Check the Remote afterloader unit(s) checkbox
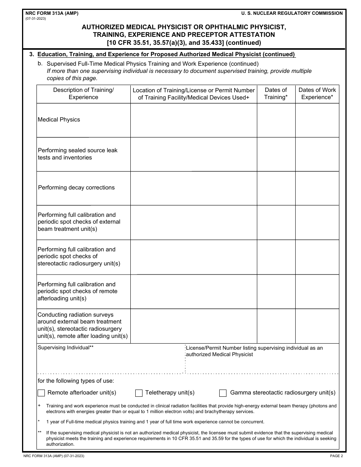41,393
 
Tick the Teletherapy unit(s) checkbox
139,393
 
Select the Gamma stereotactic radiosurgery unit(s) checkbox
223,393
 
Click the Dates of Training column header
276,94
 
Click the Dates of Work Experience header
317,94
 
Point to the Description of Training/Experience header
83,94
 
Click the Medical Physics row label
59,120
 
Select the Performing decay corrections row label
76,188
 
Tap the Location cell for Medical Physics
193,120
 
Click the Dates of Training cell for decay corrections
276,188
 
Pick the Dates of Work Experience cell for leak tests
317,154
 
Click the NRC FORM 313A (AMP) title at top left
50,13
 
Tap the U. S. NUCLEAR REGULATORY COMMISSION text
292,13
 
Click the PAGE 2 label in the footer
336,456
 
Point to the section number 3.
32,54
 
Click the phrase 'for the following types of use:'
76,381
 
